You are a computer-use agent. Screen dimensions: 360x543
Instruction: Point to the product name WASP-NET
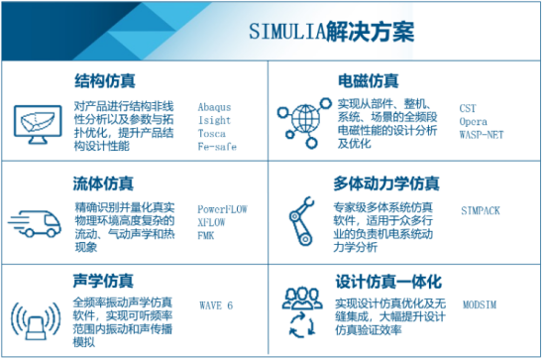pos(482,131)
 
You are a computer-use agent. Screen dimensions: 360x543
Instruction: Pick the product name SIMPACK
pos(483,210)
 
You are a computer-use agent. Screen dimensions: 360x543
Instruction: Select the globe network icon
pos(302,120)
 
